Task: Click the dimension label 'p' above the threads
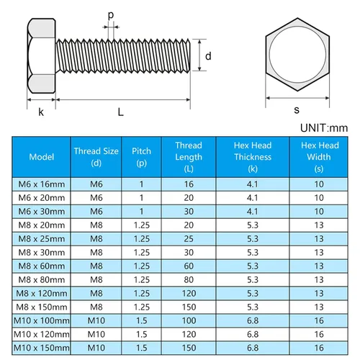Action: pyautogui.click(x=110, y=14)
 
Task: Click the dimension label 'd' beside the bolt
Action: pyautogui.click(x=207, y=56)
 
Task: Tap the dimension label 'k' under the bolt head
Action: pyautogui.click(x=41, y=112)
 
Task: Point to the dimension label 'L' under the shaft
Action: pyautogui.click(x=120, y=112)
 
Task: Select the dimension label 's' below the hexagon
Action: pyautogui.click(x=296, y=110)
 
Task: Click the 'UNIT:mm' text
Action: pyautogui.click(x=322, y=127)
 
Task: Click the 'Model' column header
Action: pyautogui.click(x=41, y=157)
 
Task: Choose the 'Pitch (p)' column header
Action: pyautogui.click(x=141, y=157)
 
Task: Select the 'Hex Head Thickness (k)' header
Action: pyautogui.click(x=252, y=157)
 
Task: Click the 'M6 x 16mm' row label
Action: pyautogui.click(x=41, y=184)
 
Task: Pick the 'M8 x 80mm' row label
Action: pyautogui.click(x=41, y=279)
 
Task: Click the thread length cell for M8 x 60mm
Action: pyautogui.click(x=189, y=265)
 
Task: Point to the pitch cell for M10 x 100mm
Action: pyautogui.click(x=141, y=319)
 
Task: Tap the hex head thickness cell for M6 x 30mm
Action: pyautogui.click(x=252, y=211)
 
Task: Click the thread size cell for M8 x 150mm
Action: pyautogui.click(x=96, y=306)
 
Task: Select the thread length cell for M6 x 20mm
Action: pyautogui.click(x=189, y=197)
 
